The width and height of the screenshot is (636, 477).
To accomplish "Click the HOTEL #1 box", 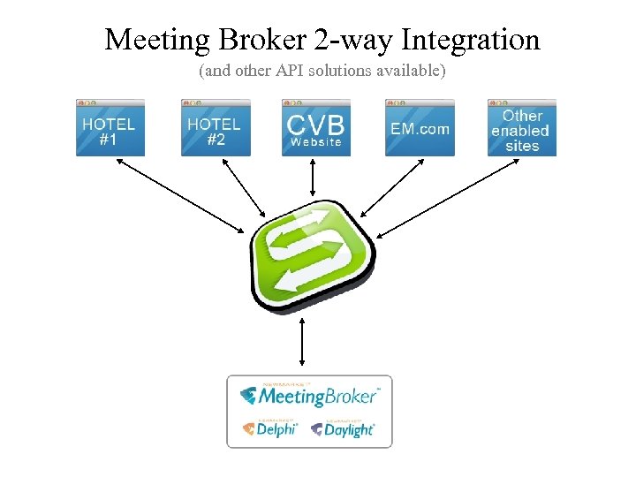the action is point(110,129).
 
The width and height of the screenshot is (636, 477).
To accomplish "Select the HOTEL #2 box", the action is point(215,129).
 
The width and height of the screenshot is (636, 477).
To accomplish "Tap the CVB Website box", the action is point(315,129).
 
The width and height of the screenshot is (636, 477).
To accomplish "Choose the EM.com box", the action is point(420,129).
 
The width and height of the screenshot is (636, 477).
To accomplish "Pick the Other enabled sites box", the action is point(522,129).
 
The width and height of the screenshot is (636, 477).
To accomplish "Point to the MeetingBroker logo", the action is point(310,396).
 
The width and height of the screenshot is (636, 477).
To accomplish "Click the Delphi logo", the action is point(270,428).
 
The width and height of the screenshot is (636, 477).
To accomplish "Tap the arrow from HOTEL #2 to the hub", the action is point(243,188).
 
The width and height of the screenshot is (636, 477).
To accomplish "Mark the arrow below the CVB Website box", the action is point(314,179).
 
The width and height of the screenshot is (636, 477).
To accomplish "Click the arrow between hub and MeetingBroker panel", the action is point(303,342).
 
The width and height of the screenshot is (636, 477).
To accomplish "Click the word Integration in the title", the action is point(470,41).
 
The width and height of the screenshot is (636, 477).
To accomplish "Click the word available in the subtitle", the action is point(409,69).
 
